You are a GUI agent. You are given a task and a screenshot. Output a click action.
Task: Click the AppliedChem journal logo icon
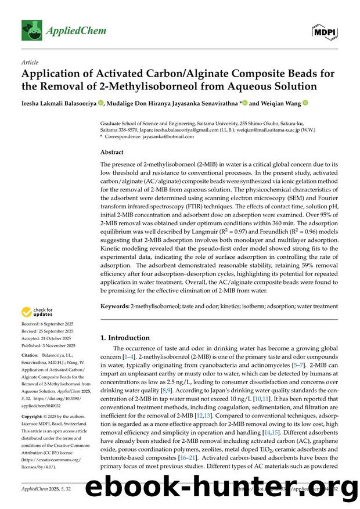pyautogui.click(x=28, y=27)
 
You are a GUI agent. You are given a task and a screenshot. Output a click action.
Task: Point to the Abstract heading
pyautogui.click(x=112, y=152)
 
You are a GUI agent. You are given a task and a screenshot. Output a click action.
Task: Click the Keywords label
pyautogui.click(x=115, y=306)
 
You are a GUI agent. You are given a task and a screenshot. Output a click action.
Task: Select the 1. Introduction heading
pyautogui.click(x=125, y=337)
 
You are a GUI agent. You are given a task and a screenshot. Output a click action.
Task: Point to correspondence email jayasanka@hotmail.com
pyautogui.click(x=167, y=137)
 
